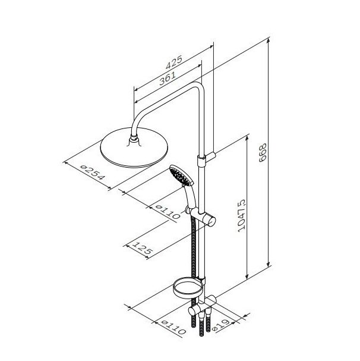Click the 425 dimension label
click(x=174, y=62)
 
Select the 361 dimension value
click(x=168, y=79)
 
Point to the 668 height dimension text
click(x=263, y=152)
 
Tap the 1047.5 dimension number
click(x=241, y=215)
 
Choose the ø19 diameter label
click(x=221, y=325)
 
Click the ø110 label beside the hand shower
click(x=168, y=212)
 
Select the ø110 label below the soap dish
click(x=173, y=327)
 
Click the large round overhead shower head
click(x=134, y=148)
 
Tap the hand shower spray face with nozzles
click(x=180, y=176)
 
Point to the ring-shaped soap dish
click(x=188, y=288)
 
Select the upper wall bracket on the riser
click(x=206, y=158)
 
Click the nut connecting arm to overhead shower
click(x=134, y=139)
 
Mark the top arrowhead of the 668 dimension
click(x=268, y=41)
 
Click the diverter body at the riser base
click(x=202, y=306)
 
